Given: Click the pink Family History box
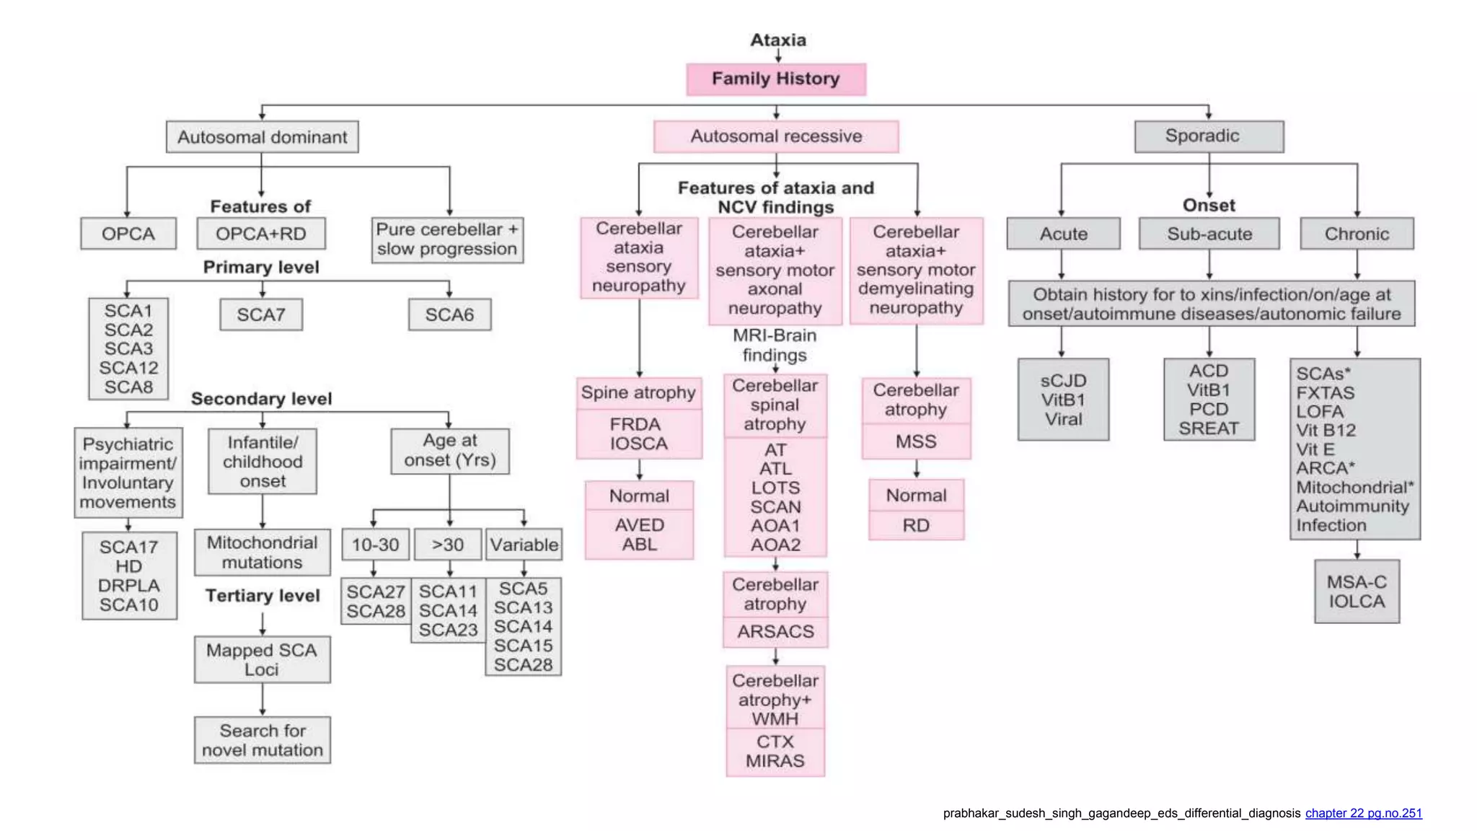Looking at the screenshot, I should coord(775,79).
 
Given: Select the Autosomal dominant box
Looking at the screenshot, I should coord(262,137).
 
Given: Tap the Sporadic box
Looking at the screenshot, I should coord(1209,136).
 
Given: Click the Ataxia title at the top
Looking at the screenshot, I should coord(777,40).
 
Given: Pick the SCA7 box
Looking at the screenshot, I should coord(261,315).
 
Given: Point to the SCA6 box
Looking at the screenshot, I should coord(449,315).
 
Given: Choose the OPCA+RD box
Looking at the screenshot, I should coord(261,234).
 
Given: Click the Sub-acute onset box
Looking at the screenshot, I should coord(1209,234).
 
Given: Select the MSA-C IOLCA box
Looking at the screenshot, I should coord(1357,592).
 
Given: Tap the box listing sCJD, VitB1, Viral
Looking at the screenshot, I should coord(1063,400).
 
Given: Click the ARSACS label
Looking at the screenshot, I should coord(775,632).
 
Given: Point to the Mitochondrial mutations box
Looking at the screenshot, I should coord(262,553).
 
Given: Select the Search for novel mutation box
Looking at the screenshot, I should coord(262,740).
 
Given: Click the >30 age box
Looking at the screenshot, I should coord(448,545).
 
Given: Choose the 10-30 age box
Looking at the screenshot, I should coord(375,545).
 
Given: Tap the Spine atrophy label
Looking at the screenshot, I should coord(638,393).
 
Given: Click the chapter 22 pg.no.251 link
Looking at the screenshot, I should coord(1363,813).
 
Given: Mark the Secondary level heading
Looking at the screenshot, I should coord(261,399).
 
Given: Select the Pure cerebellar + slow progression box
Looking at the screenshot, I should coord(447,239).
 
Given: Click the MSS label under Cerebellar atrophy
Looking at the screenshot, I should coord(916,441).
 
